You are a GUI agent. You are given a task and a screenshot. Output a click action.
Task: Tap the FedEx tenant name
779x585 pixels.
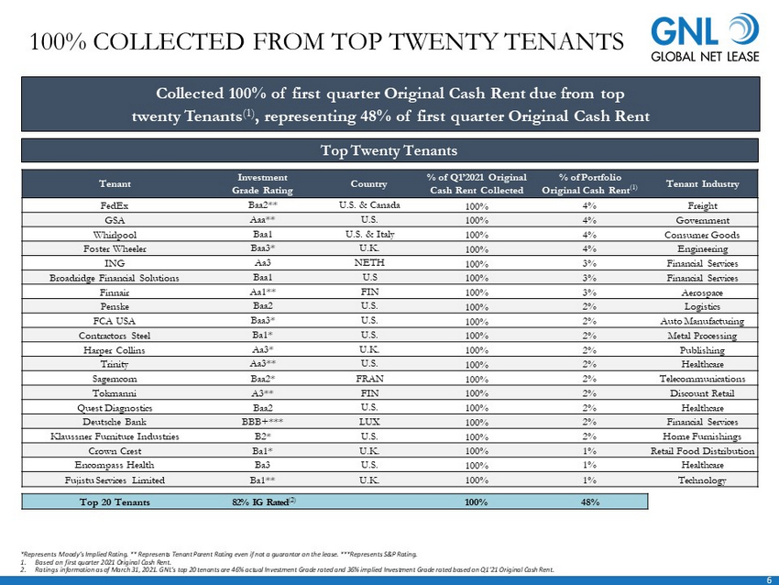tap(115, 205)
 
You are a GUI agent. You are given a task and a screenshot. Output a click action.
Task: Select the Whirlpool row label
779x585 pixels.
tap(115, 234)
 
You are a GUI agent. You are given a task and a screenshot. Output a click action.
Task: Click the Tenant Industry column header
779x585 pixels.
tap(702, 183)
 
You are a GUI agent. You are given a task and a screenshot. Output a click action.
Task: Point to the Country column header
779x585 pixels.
tap(369, 183)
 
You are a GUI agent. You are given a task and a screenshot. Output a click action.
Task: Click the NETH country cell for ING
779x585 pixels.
tap(369, 262)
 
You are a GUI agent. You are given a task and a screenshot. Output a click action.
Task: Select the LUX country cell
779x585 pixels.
tap(369, 422)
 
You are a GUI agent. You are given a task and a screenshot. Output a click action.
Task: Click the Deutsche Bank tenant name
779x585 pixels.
tap(115, 422)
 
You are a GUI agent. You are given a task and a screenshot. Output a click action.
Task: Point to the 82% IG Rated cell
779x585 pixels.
tap(266, 502)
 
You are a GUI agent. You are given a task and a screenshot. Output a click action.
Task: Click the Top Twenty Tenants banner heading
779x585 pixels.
tap(389, 149)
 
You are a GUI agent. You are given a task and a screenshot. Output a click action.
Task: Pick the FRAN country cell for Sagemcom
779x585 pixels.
tap(369, 378)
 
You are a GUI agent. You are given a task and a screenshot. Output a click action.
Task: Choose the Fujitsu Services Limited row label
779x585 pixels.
tap(115, 480)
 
